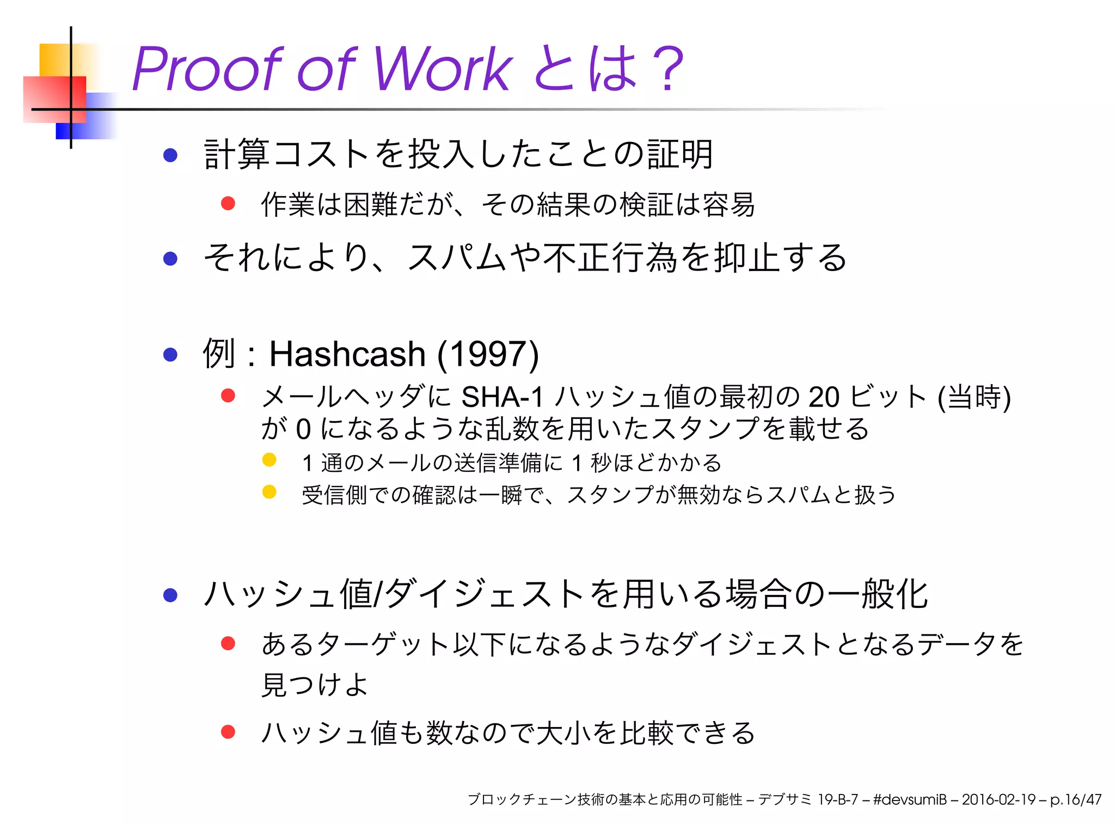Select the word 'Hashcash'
(347, 354)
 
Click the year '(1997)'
(488, 354)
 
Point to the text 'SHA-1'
(502, 397)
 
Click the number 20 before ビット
(824, 397)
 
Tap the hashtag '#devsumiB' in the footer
(910, 799)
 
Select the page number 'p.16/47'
(1075, 799)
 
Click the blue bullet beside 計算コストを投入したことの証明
(170, 155)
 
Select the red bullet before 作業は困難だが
(228, 204)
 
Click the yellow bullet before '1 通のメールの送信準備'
(269, 460)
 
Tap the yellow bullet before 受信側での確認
(269, 492)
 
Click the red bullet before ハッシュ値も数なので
(228, 732)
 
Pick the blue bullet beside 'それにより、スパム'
(170, 258)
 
